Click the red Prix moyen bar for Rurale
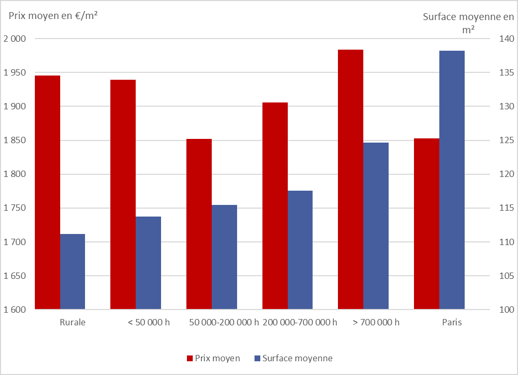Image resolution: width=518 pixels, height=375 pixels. (x=47, y=192)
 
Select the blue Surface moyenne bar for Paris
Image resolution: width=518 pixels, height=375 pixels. (x=452, y=180)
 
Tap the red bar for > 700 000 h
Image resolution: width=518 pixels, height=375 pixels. (x=351, y=179)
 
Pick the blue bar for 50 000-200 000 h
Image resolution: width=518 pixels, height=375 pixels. (x=224, y=257)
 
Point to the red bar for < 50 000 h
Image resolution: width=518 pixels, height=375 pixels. (x=123, y=194)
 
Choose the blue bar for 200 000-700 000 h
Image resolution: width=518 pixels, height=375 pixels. (x=300, y=250)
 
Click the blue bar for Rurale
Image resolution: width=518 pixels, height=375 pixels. (x=72, y=271)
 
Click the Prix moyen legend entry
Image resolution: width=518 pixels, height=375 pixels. (x=213, y=358)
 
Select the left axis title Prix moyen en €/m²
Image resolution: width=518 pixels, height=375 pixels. (x=53, y=15)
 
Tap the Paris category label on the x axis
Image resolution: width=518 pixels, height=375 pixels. (x=452, y=322)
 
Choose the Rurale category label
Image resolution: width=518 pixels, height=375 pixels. (x=72, y=322)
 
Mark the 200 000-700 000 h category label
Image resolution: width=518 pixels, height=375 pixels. (x=299, y=322)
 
